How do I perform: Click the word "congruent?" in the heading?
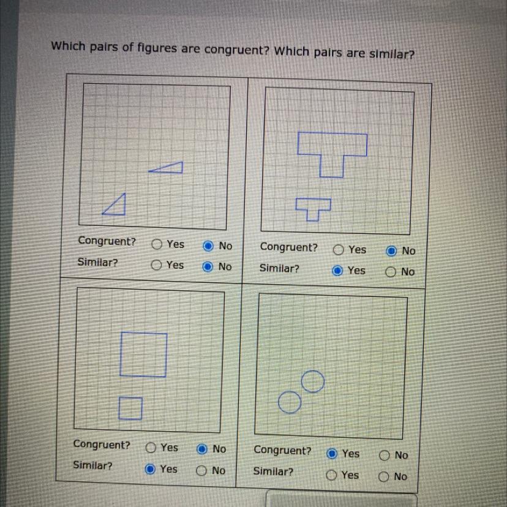pyautogui.click(x=237, y=50)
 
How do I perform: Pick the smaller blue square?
pyautogui.click(x=130, y=398)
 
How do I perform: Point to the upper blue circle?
pyautogui.click(x=313, y=370)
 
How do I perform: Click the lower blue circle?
pyautogui.click(x=290, y=392)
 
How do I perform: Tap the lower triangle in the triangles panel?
pyautogui.click(x=124, y=204)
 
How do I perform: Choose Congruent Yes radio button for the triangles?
pyautogui.click(x=157, y=244)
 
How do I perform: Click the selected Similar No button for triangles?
pyautogui.click(x=208, y=267)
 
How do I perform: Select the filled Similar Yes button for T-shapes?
pyautogui.click(x=337, y=271)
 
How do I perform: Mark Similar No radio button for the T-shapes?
pyautogui.click(x=390, y=272)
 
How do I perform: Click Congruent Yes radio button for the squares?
pyautogui.click(x=151, y=448)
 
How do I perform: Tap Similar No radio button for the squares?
pyautogui.click(x=201, y=470)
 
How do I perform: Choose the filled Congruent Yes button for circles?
pyautogui.click(x=332, y=454)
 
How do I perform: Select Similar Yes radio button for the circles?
pyautogui.click(x=331, y=475)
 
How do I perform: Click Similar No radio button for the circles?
pyautogui.click(x=383, y=476)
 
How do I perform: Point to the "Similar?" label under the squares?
pyautogui.click(x=92, y=465)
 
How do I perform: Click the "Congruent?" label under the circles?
pyautogui.click(x=282, y=450)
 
